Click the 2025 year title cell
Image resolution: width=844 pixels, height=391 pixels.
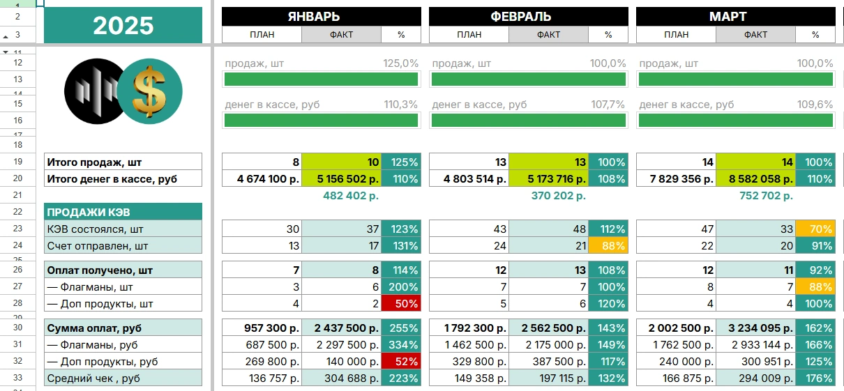point(123,25)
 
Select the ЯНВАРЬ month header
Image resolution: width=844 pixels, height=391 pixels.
point(322,17)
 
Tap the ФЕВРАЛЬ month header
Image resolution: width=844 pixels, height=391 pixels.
point(529,17)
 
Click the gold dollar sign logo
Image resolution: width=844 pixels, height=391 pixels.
point(150,92)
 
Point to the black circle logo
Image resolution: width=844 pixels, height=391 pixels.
point(91,91)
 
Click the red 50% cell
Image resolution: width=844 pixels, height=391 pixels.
point(401,304)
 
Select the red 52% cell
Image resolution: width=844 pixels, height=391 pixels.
point(401,362)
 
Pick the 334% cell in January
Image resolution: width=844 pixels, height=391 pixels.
point(401,345)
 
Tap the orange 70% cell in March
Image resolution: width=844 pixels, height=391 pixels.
point(815,229)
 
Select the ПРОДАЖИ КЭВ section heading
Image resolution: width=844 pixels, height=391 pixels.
point(88,212)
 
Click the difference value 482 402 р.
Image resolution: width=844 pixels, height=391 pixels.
point(351,196)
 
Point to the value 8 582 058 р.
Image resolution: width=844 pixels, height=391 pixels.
point(756,179)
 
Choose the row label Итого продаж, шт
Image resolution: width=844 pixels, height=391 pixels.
point(94,162)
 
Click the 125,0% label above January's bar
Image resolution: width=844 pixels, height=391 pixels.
point(400,63)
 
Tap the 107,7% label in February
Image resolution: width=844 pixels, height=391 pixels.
point(608,105)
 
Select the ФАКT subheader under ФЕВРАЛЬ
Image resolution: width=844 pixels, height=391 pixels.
point(549,34)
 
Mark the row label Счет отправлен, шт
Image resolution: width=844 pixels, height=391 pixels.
point(98,245)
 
